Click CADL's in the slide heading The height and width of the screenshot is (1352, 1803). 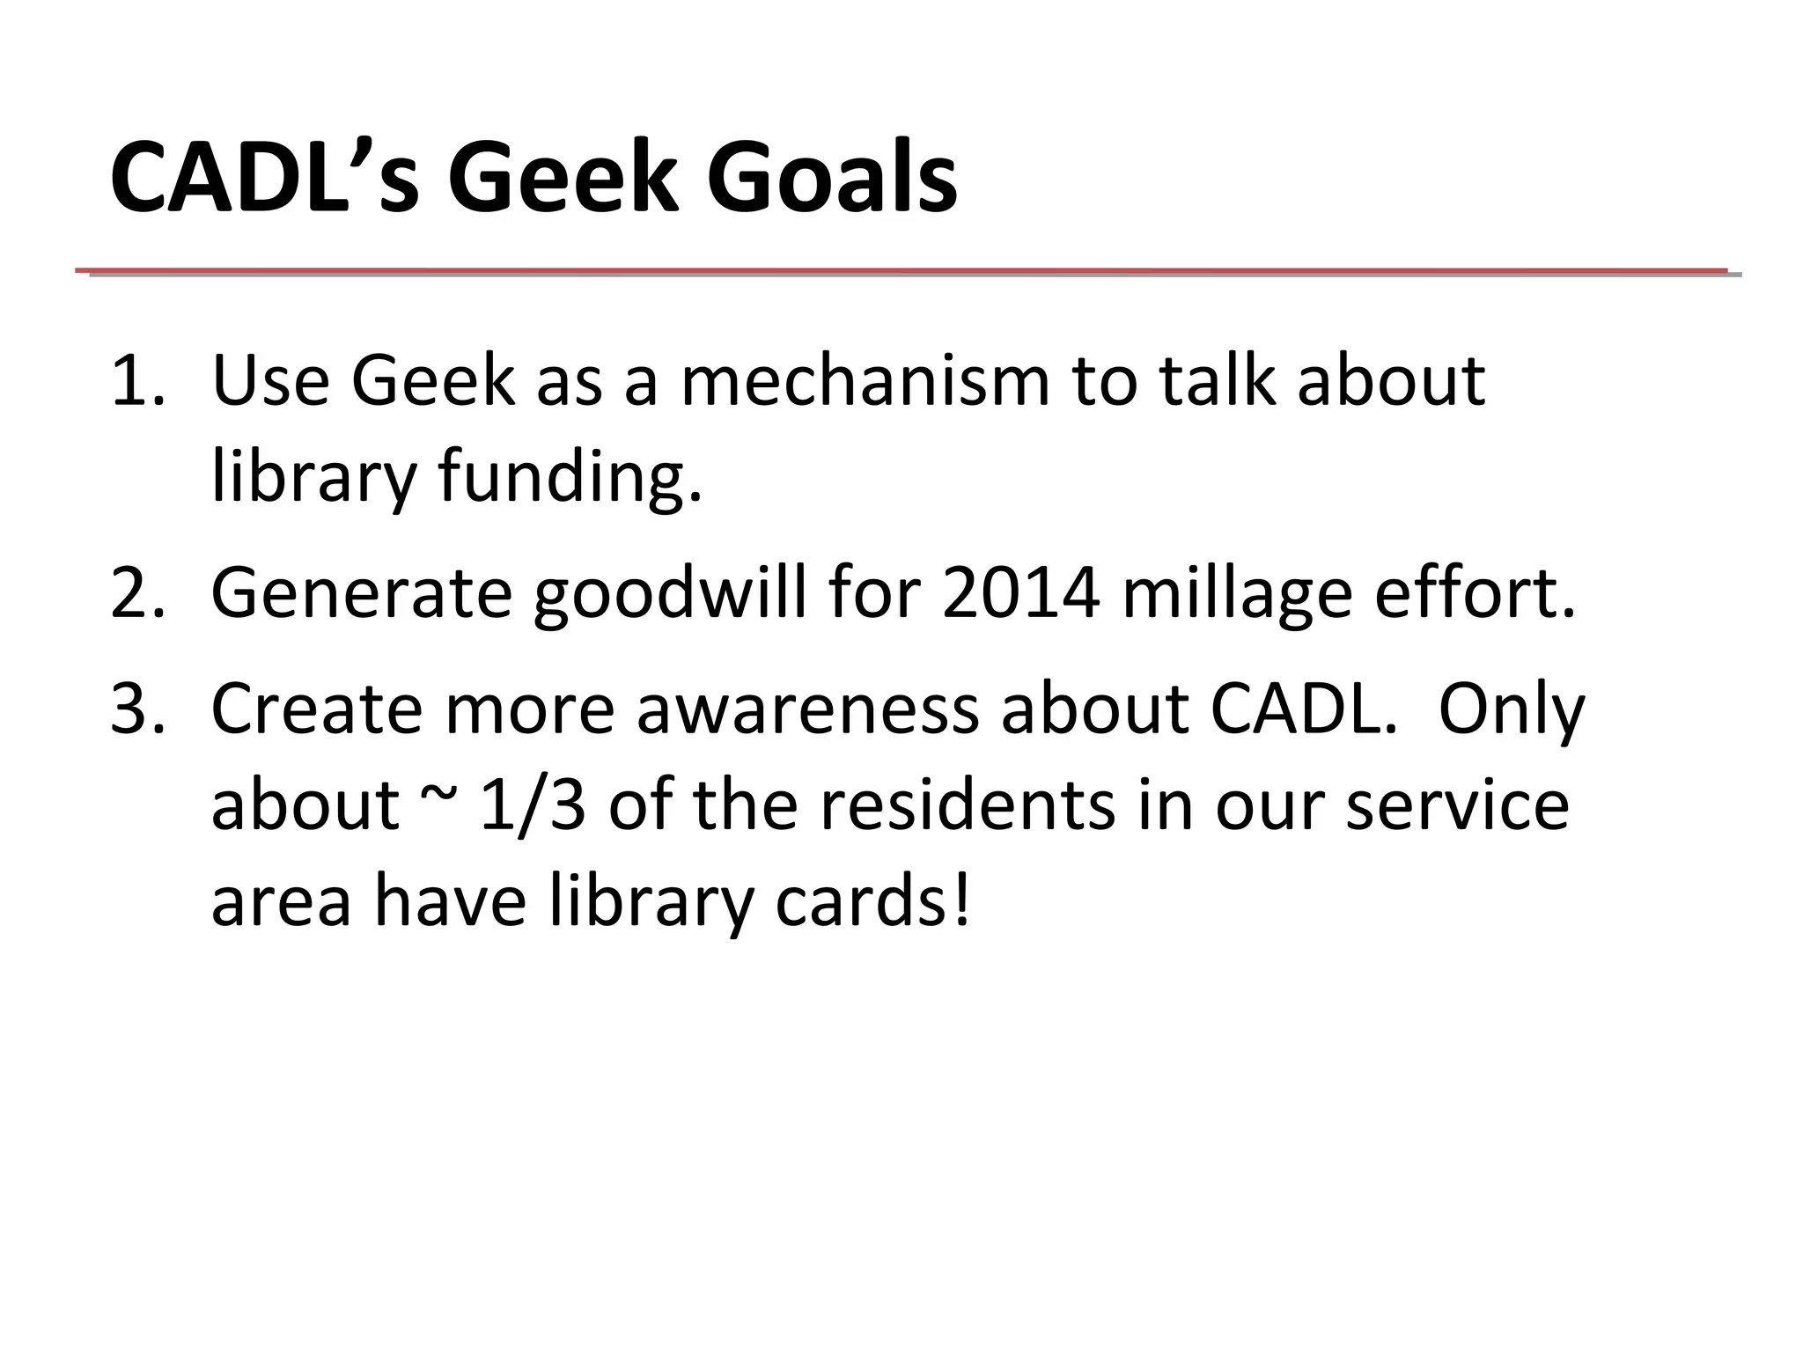click(264, 179)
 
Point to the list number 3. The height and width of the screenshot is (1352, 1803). click(136, 709)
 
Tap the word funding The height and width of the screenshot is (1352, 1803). click(570, 478)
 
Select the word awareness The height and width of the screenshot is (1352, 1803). click(807, 709)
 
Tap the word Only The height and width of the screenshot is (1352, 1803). click(1511, 709)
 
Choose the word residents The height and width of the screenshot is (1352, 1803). click(967, 805)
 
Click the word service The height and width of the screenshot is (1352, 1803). click(1457, 805)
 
